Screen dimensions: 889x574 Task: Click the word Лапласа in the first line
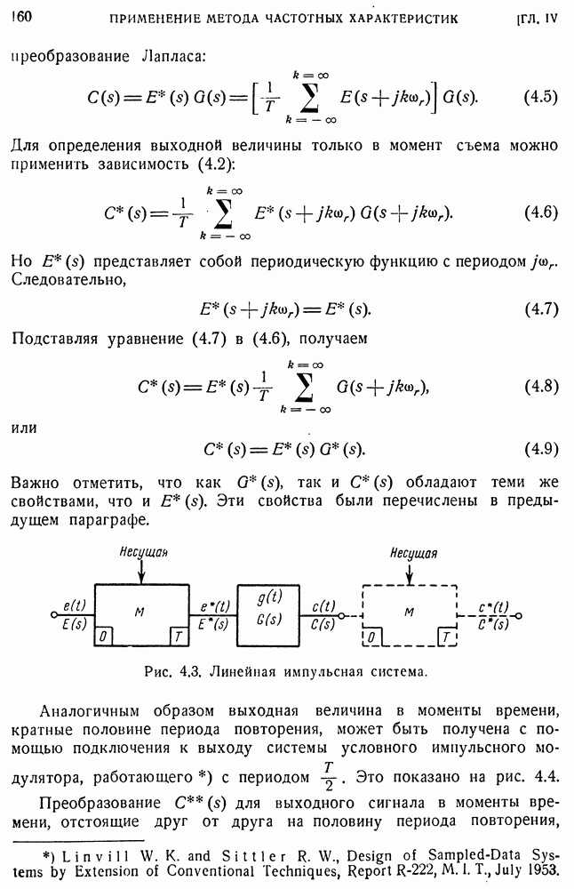coord(173,56)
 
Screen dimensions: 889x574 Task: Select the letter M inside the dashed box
coord(409,613)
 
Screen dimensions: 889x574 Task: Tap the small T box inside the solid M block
coord(179,637)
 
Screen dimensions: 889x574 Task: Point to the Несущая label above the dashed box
coord(412,553)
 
